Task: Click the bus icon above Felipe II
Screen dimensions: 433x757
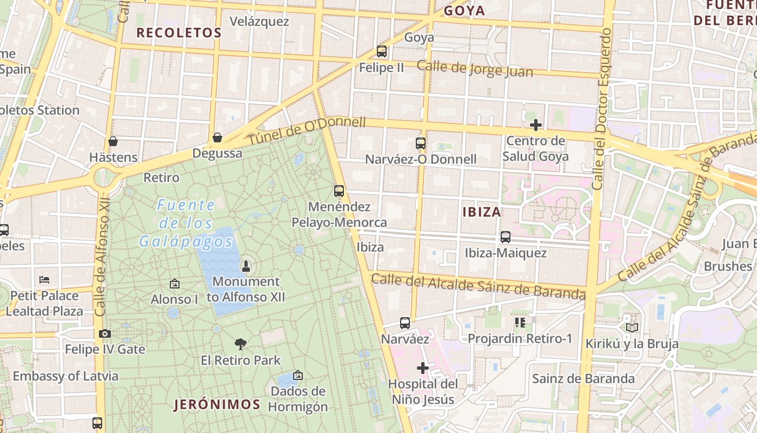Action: coord(382,51)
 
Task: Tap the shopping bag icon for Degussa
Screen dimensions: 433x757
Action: coord(217,137)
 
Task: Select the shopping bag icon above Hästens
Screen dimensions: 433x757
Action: coord(113,141)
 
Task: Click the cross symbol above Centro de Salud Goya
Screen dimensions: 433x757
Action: coord(536,125)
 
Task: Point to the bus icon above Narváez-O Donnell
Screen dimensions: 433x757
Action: coord(421,143)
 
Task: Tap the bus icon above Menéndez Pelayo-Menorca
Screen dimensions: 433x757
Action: coord(339,191)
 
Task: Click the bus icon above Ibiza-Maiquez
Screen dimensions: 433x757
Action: coord(506,237)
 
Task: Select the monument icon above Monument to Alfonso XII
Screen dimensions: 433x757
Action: coord(246,266)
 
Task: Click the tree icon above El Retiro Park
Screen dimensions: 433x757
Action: coord(241,344)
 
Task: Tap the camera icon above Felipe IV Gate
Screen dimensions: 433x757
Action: coord(105,333)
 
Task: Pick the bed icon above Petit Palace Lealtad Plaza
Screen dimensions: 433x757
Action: coord(44,280)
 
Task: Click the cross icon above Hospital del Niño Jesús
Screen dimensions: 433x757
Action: coord(423,368)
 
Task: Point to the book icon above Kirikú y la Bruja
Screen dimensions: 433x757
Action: coord(632,327)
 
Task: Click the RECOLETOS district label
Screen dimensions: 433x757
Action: coord(179,32)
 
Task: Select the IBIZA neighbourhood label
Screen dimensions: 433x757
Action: coord(482,212)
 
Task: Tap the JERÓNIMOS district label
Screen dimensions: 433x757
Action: coord(217,404)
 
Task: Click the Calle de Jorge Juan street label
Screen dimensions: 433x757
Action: coord(475,69)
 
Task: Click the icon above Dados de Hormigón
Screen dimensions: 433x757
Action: coord(297,375)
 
